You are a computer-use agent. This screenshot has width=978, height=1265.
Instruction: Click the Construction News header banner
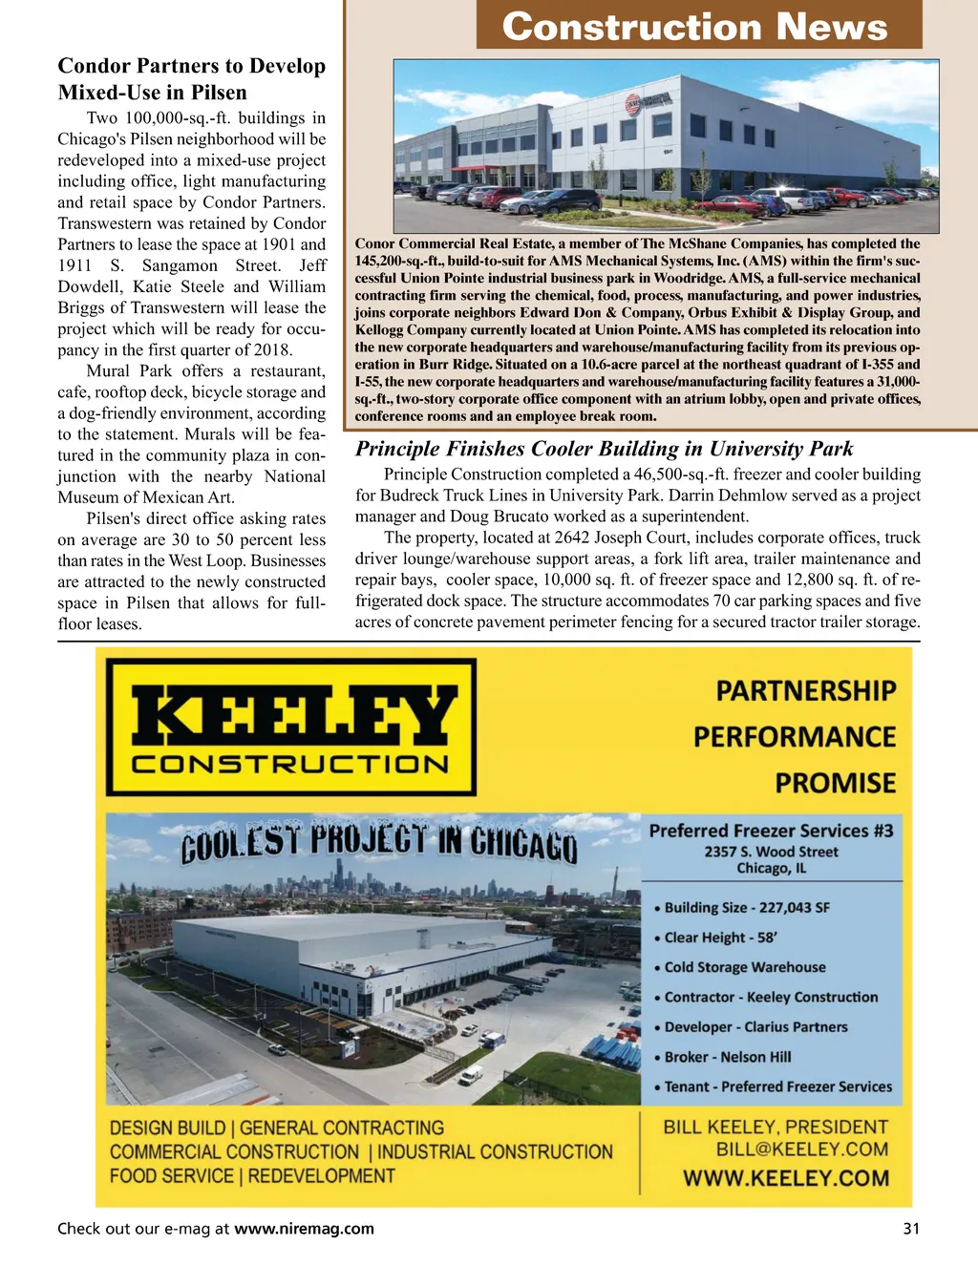click(x=698, y=26)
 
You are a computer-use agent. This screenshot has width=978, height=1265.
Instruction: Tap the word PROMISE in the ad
click(x=835, y=784)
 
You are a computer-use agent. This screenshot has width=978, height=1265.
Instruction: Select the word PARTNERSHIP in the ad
click(x=806, y=691)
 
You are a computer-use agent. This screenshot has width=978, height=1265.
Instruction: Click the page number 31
click(x=911, y=1229)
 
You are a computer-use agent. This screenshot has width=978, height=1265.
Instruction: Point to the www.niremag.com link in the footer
click(x=304, y=1229)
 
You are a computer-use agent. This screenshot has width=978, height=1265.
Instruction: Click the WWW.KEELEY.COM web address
click(x=785, y=1178)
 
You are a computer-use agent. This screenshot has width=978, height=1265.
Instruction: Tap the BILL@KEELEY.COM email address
click(x=802, y=1149)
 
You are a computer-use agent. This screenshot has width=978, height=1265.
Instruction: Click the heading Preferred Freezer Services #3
click(x=771, y=831)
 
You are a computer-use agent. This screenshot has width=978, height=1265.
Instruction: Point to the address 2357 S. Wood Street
click(x=771, y=852)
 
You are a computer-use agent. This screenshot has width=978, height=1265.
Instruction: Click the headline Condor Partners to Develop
click(x=191, y=66)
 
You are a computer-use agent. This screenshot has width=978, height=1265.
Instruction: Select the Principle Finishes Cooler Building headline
click(x=604, y=449)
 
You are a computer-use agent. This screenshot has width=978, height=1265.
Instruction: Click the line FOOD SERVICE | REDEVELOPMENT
click(x=252, y=1176)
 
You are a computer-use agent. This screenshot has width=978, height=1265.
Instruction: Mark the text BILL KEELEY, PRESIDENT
click(x=776, y=1127)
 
